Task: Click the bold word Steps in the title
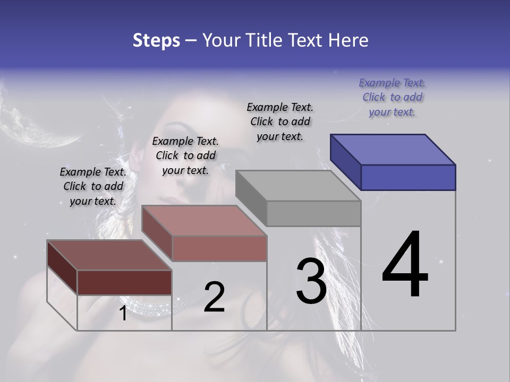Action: pyautogui.click(x=156, y=40)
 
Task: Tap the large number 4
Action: pyautogui.click(x=405, y=265)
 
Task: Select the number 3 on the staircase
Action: pyautogui.click(x=311, y=281)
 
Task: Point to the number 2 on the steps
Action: pyautogui.click(x=214, y=297)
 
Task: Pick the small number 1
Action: pyautogui.click(x=123, y=314)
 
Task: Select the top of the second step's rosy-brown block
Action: pyautogui.click(x=204, y=221)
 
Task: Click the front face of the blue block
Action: pyautogui.click(x=408, y=177)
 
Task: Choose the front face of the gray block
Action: pyautogui.click(x=313, y=213)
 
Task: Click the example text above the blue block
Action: pyautogui.click(x=392, y=98)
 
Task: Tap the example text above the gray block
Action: pyautogui.click(x=280, y=121)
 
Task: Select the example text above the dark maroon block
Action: pyautogui.click(x=93, y=186)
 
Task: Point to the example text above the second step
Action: pyautogui.click(x=185, y=155)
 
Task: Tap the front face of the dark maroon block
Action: pyautogui.click(x=124, y=282)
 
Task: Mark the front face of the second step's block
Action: pyautogui.click(x=219, y=248)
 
